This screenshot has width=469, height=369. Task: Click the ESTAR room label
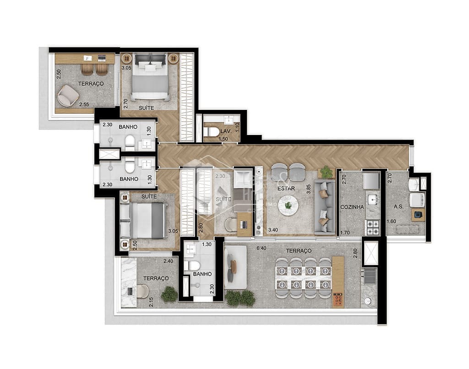[285, 188]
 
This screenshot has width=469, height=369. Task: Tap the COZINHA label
[352, 207]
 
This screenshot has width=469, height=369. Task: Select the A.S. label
[398, 206]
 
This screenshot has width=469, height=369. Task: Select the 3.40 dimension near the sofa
[273, 230]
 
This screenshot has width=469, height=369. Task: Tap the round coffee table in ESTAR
[288, 205]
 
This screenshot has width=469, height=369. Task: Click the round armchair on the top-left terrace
[68, 95]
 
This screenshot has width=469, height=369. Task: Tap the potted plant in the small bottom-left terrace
[169, 294]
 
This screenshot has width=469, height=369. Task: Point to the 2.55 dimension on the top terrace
[83, 105]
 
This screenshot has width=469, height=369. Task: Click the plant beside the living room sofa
[326, 172]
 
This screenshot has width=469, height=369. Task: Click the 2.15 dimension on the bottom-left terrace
[151, 302]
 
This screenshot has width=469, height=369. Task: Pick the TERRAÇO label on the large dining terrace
[298, 251]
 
